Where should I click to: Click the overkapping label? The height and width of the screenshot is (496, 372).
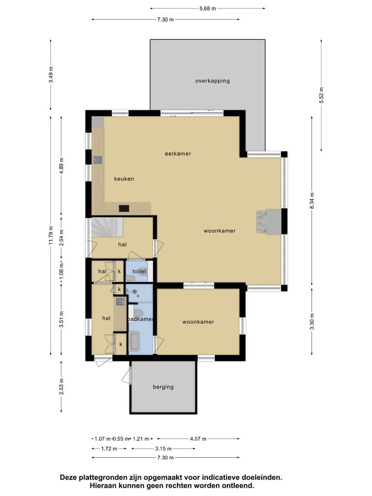click(x=212, y=81)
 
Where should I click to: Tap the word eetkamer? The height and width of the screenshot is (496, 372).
click(x=178, y=154)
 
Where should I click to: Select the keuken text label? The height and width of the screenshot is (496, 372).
click(x=124, y=179)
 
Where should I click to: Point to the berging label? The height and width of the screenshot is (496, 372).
click(x=163, y=387)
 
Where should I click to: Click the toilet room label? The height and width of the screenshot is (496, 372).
click(x=139, y=271)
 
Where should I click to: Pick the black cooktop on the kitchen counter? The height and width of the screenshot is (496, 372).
click(x=124, y=209)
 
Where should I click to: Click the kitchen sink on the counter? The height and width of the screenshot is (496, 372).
click(x=98, y=160)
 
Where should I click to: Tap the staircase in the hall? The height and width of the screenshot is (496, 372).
click(x=107, y=227)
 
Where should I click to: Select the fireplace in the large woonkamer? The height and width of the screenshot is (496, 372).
click(x=268, y=222)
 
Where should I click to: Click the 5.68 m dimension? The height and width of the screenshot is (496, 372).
click(x=208, y=8)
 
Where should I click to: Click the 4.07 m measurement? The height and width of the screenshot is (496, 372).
click(x=198, y=439)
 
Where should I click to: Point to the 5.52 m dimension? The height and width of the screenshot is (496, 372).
click(x=321, y=96)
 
